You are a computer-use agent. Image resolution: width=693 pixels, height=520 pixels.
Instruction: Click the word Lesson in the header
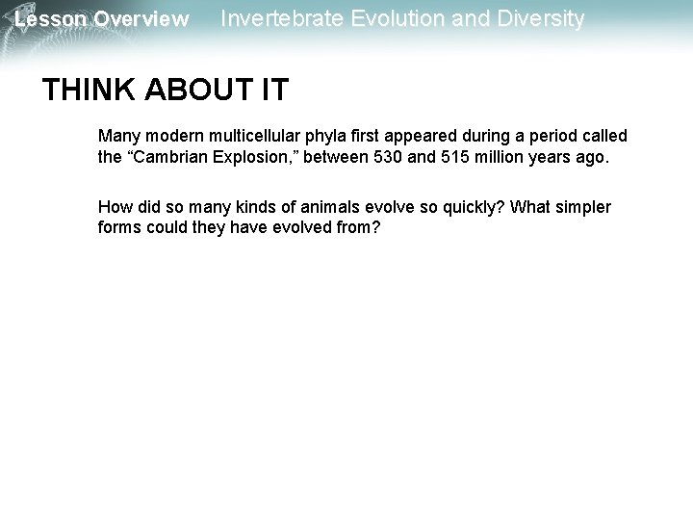(x=49, y=18)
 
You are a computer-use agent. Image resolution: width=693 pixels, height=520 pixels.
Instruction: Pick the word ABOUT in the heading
(x=183, y=91)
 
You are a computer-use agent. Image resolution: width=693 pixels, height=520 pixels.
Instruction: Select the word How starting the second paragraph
(x=114, y=208)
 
